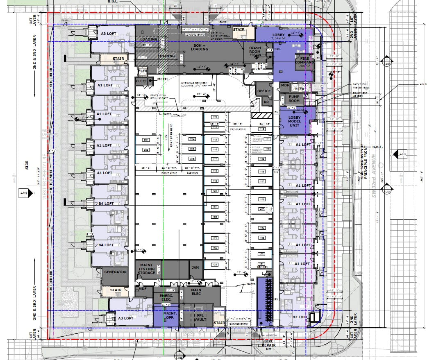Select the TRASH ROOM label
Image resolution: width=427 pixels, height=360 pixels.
point(254,50)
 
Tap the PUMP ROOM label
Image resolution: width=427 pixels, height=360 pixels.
point(294,98)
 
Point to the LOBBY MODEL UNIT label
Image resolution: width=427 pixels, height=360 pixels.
point(294,121)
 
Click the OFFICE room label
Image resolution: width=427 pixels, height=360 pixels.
point(264,91)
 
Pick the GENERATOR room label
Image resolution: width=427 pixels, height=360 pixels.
point(115,272)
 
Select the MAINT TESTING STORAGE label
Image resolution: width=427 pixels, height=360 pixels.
point(146,269)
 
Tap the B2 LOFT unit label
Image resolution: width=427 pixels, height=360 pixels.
point(300,317)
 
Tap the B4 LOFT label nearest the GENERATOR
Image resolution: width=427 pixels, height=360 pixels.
point(105,245)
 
